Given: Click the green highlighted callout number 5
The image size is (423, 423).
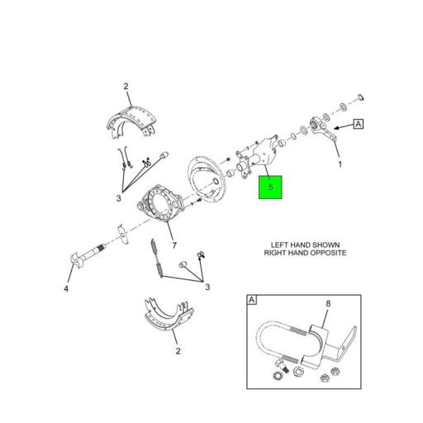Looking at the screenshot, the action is (270, 187).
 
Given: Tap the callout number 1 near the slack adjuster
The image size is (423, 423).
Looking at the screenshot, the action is (340, 164).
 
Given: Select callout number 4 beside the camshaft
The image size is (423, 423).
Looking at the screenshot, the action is (66, 288).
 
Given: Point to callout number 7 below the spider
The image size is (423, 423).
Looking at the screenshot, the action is (174, 245).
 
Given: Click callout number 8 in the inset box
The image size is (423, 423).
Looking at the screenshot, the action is (328, 304).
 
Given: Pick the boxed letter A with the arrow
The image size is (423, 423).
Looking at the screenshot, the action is (359, 124).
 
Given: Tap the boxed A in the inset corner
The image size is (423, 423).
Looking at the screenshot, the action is (252, 300).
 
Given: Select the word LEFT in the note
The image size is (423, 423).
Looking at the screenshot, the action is (280, 245).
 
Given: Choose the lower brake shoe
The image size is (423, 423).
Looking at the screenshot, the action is (169, 314).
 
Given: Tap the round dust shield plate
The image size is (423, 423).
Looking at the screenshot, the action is (207, 180).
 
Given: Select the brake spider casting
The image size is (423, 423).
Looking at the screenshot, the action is (159, 203).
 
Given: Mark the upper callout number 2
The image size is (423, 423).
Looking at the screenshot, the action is (126, 87).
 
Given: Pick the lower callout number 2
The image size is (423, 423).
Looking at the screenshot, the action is (178, 351).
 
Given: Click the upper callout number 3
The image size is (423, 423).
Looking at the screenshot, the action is (118, 198).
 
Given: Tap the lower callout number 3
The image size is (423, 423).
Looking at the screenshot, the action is (207, 288).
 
